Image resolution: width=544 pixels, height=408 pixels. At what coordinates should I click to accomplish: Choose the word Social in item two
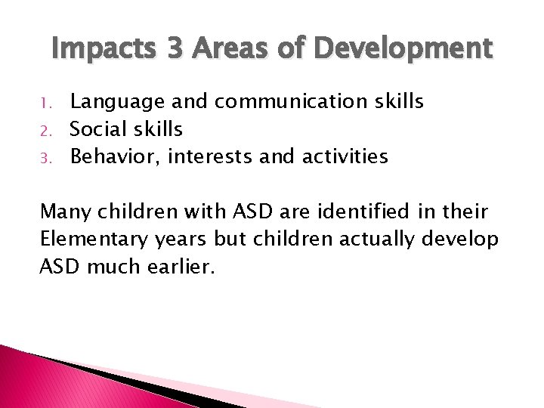[97, 129]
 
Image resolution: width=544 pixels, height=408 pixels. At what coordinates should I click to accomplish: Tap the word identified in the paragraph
[369, 211]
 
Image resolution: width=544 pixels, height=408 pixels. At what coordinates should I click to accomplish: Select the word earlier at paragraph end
[182, 267]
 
